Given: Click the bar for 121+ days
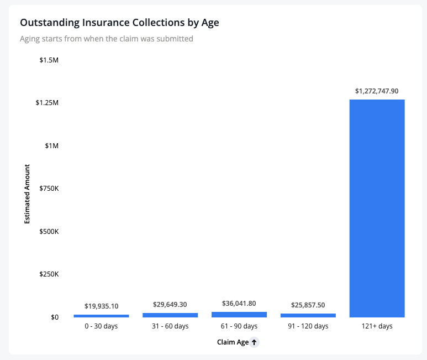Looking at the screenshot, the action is click(377, 208).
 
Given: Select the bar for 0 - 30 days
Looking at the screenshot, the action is click(101, 316).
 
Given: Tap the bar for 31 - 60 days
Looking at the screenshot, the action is click(170, 315).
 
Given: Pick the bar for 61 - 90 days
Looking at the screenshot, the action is click(239, 315).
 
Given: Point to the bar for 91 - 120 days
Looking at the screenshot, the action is click(308, 315).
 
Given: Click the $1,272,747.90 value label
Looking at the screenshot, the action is click(377, 91).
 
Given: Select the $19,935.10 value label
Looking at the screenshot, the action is click(101, 306).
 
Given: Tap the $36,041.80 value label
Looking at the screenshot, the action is click(239, 304).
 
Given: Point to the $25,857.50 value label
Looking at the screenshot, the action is click(308, 305).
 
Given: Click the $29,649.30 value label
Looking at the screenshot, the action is click(170, 305).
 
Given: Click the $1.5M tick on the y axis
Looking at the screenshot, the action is click(49, 60).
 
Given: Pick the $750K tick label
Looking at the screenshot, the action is click(49, 189).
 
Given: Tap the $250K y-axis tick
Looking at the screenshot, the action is click(49, 274).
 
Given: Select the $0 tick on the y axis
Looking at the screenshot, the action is click(55, 317).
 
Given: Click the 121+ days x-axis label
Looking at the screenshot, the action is click(377, 326).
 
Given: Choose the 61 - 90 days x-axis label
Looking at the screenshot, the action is click(239, 326).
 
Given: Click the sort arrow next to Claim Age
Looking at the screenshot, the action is click(254, 342).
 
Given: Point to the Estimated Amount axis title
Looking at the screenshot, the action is click(27, 194).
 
